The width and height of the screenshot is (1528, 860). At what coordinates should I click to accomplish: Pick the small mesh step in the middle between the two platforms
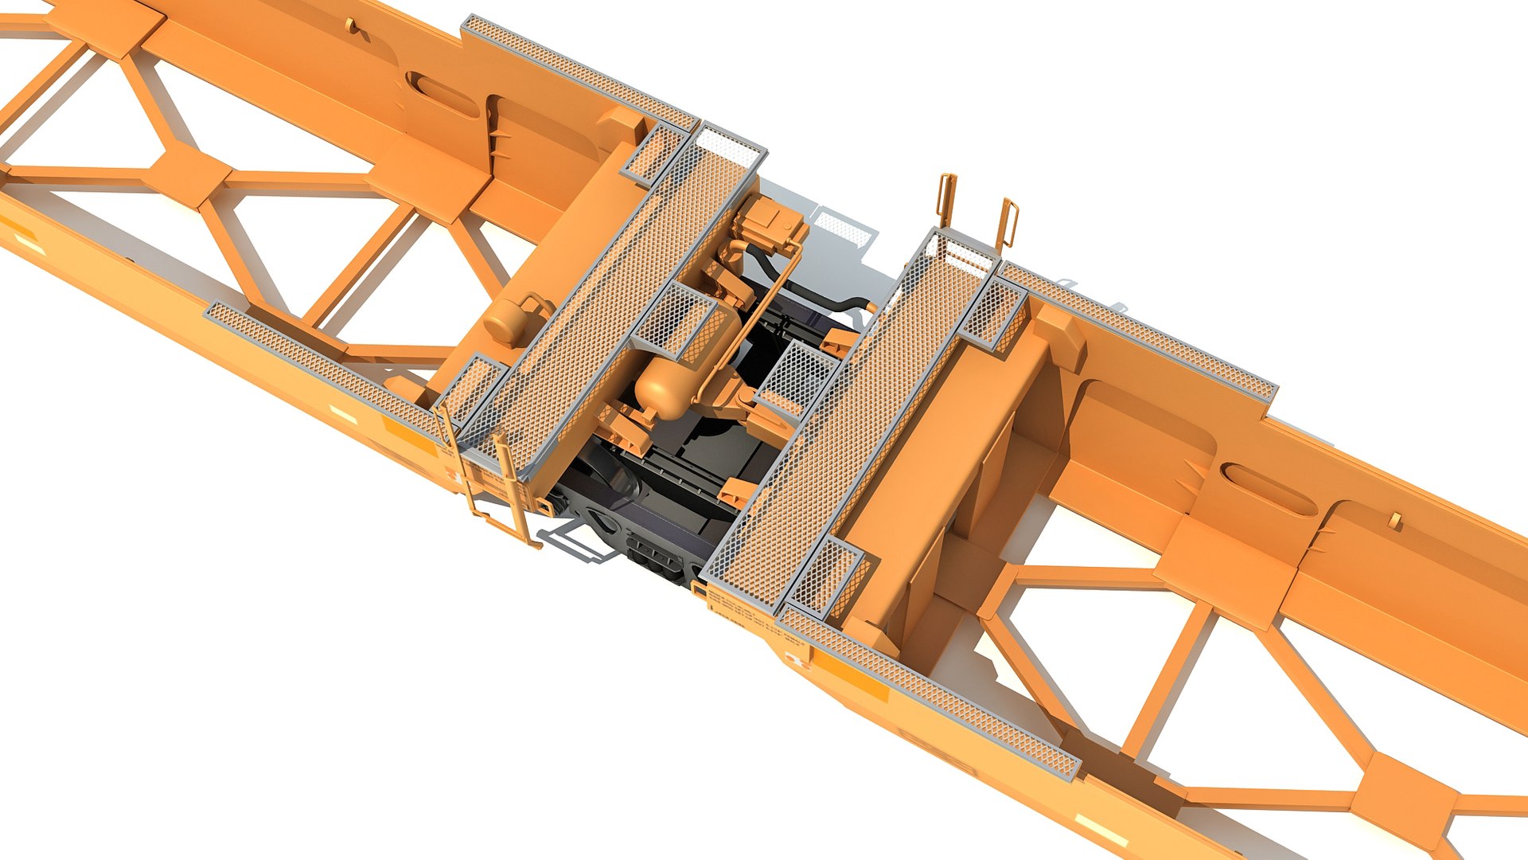pos(796,374)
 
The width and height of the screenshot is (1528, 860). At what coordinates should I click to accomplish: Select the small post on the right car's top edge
pos(1394,521)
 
